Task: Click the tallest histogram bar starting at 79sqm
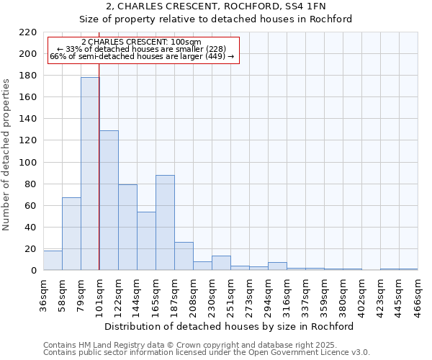(90, 174)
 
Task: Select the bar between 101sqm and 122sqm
(109, 200)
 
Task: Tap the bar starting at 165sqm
(165, 222)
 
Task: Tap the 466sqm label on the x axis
(418, 295)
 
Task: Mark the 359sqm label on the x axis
(325, 295)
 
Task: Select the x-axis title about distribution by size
(230, 326)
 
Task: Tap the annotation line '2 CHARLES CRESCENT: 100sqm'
(141, 42)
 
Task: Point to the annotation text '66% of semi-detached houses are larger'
(141, 56)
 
